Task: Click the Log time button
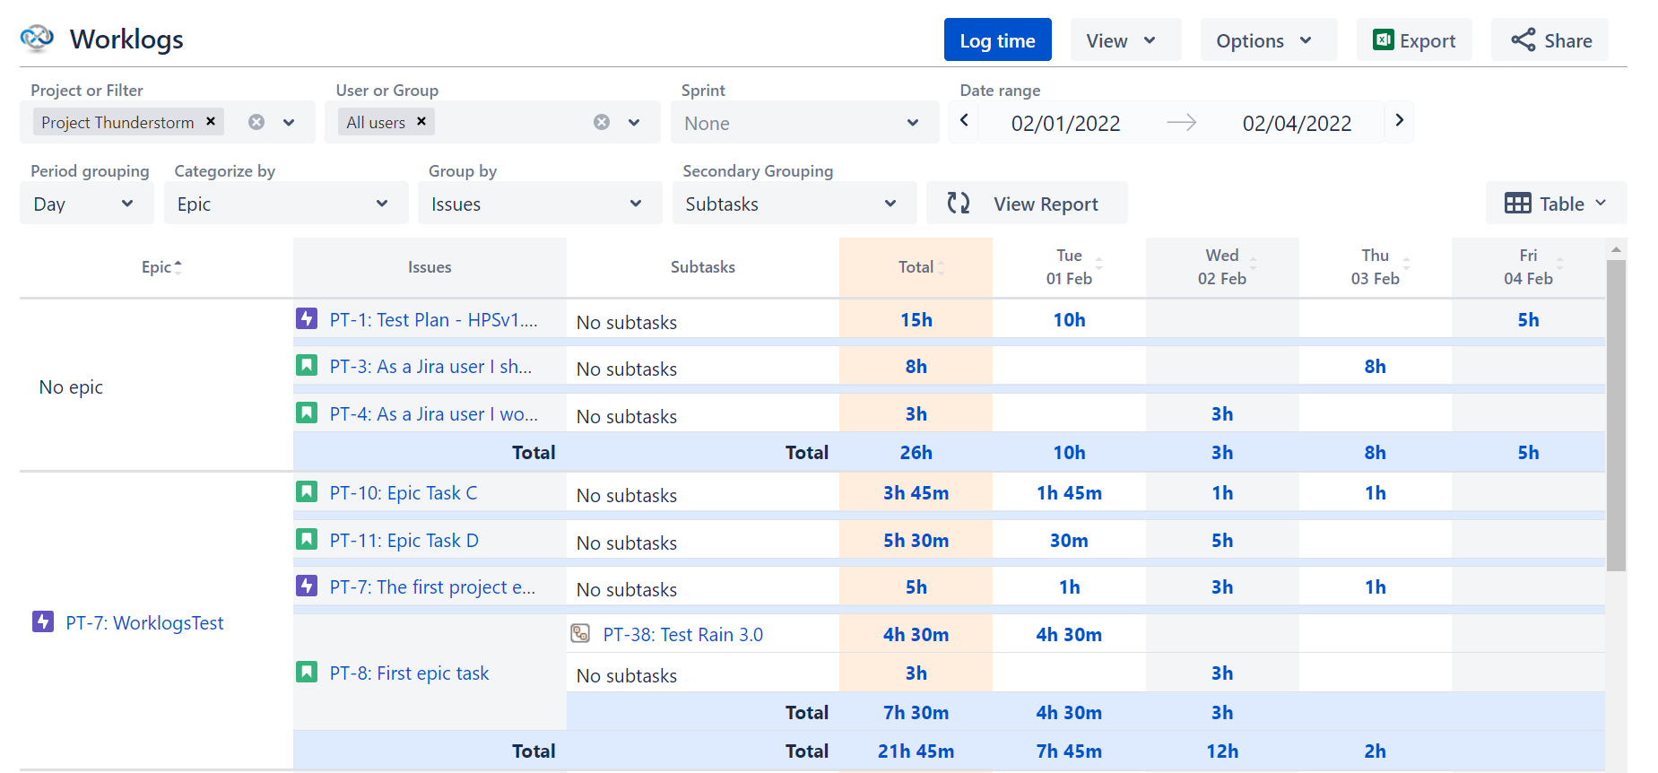tap(997, 40)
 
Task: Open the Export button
tap(1413, 40)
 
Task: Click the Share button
tap(1550, 40)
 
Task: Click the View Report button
tap(1027, 204)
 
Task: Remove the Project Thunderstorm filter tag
tap(211, 121)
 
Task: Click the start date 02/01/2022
tap(1065, 123)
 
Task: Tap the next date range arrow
tap(1399, 120)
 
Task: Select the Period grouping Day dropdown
tap(85, 204)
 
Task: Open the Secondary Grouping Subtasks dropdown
tap(793, 204)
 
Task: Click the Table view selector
tap(1555, 204)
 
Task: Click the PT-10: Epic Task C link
tap(403, 493)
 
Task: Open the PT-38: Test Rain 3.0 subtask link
tap(682, 635)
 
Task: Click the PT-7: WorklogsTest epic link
tap(144, 623)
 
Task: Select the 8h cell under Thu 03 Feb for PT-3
tap(1375, 367)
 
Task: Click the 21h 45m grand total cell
tap(916, 751)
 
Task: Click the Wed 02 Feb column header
tap(1221, 266)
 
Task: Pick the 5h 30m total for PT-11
tap(916, 541)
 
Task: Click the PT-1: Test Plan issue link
tap(433, 320)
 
